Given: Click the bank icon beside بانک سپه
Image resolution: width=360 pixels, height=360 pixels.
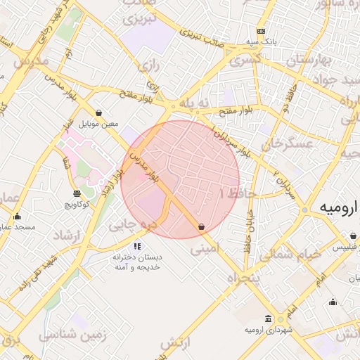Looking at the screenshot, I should click(x=262, y=32).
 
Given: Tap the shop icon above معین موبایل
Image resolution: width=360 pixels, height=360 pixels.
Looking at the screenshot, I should click(x=98, y=112).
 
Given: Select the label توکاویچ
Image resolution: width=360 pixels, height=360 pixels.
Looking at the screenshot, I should click(x=76, y=205).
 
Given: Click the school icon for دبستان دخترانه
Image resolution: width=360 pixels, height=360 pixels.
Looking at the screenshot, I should click(x=137, y=247).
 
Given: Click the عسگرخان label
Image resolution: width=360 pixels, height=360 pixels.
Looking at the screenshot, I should click(x=286, y=145).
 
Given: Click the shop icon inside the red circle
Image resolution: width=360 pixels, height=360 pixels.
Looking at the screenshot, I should click(x=202, y=227).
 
